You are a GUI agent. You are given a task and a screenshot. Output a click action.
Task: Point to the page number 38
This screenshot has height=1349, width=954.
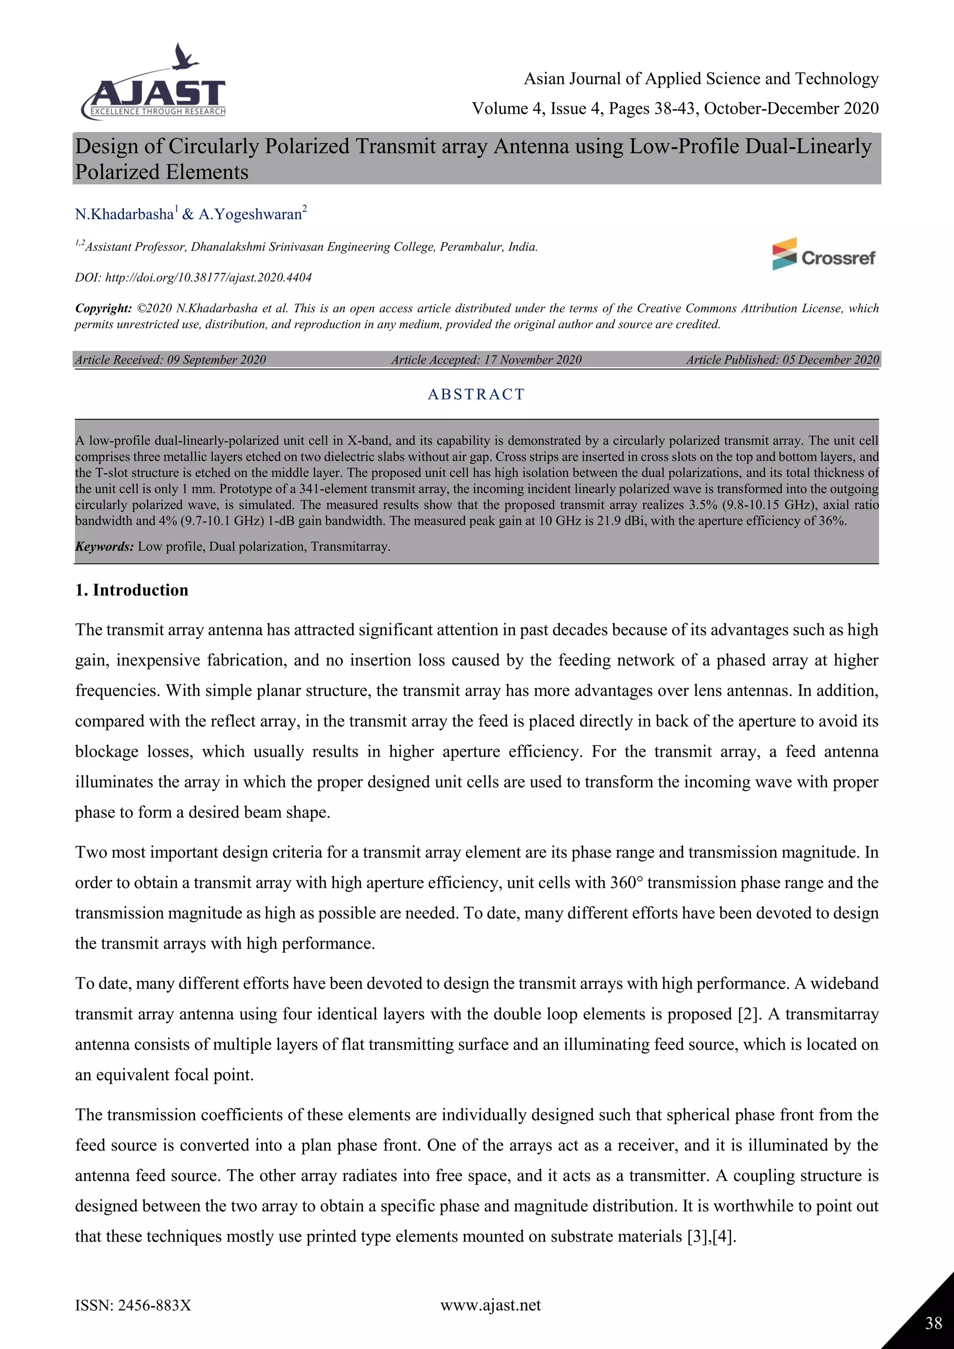click(x=934, y=1323)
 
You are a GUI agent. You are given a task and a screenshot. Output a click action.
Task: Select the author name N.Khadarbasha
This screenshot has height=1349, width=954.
click(x=124, y=214)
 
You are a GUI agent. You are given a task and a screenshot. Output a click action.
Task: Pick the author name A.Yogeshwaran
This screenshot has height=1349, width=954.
click(x=250, y=214)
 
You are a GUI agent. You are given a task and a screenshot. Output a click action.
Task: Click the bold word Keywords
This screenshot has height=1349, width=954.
click(x=104, y=546)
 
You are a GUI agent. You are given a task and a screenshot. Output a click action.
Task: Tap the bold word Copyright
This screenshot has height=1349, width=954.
click(x=103, y=308)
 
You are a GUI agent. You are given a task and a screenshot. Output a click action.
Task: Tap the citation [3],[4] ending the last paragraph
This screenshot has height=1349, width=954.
click(x=711, y=1236)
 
